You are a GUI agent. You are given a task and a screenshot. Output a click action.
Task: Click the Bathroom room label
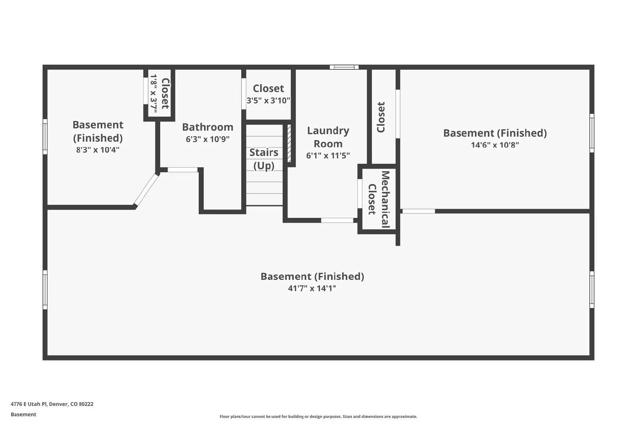pyautogui.click(x=207, y=127)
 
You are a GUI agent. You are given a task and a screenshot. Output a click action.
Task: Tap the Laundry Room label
pyautogui.click(x=328, y=137)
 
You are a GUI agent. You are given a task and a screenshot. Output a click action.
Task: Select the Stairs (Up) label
pyautogui.click(x=264, y=159)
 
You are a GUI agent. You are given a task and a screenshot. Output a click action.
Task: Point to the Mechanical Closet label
pyautogui.click(x=378, y=199)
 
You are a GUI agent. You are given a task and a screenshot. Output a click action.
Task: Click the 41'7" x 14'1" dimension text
pyautogui.click(x=312, y=288)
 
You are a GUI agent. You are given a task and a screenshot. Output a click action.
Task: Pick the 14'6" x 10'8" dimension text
pyautogui.click(x=495, y=145)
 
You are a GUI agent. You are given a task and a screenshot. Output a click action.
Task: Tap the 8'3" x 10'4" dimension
pyautogui.click(x=98, y=150)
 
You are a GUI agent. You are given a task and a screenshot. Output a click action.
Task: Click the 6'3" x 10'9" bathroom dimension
pyautogui.click(x=207, y=139)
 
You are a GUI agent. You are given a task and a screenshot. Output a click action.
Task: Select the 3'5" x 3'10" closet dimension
pyautogui.click(x=268, y=100)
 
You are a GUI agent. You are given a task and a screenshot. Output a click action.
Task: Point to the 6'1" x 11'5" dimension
pyautogui.click(x=328, y=156)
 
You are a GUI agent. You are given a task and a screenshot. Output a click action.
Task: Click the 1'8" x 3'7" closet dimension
pyautogui.click(x=154, y=94)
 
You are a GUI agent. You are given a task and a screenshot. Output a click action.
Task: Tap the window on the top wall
pyautogui.click(x=344, y=67)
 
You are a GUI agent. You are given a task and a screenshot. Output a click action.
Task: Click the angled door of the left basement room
pyautogui.click(x=146, y=190)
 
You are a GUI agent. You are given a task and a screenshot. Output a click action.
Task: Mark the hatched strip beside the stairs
pyautogui.click(x=289, y=143)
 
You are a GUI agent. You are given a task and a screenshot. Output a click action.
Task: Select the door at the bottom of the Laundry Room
pyautogui.click(x=337, y=220)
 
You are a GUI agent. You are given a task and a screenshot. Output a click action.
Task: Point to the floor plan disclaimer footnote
pyautogui.click(x=318, y=417)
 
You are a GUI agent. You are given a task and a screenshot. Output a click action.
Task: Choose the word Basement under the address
pyautogui.click(x=23, y=414)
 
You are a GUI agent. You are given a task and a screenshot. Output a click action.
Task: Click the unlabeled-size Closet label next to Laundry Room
pyautogui.click(x=381, y=117)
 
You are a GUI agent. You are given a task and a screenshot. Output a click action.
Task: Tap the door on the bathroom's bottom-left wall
pyautogui.click(x=182, y=170)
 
